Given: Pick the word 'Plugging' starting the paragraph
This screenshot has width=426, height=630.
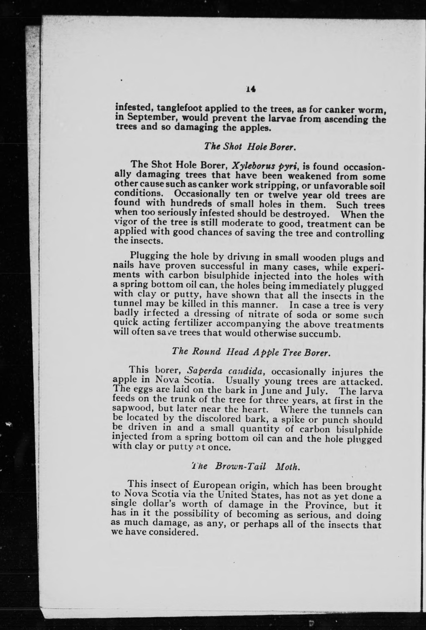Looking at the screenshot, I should [x=150, y=256].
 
